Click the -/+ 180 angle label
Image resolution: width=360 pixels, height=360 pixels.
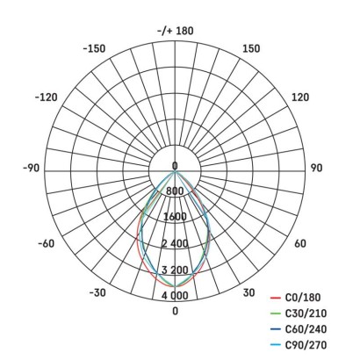(x=176, y=31)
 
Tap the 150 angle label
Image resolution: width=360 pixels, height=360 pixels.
(x=251, y=48)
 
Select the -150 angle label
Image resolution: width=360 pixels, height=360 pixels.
(x=94, y=48)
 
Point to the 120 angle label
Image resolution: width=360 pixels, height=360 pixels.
(x=300, y=97)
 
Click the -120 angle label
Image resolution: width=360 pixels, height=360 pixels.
(x=47, y=97)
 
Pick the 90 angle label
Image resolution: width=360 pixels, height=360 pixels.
(x=316, y=168)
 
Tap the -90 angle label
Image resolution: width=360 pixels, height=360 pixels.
(x=31, y=168)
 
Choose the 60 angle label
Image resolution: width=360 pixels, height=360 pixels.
(x=300, y=243)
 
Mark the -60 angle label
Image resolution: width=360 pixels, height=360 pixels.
(x=47, y=243)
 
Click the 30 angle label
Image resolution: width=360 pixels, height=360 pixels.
(x=248, y=292)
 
